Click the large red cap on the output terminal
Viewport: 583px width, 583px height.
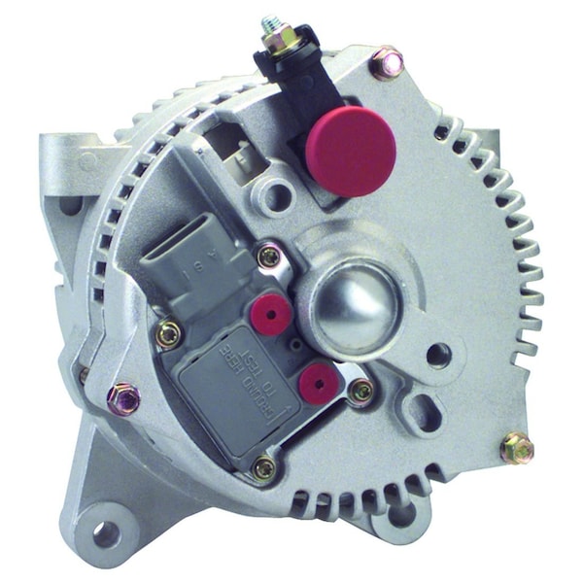pos(350,151)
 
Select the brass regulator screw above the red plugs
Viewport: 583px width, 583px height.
pos(269,257)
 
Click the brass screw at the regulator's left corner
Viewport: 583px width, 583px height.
pos(168,334)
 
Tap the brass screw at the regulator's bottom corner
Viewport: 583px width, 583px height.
pos(263,468)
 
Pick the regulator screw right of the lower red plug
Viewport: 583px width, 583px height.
pos(361,391)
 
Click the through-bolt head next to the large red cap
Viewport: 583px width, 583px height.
pos(387,63)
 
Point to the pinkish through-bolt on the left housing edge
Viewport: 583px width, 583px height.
pos(122,396)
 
